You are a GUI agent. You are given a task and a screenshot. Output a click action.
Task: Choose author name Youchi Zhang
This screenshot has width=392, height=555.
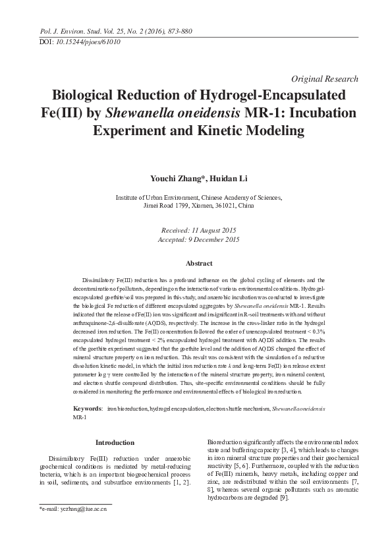pos(175,178)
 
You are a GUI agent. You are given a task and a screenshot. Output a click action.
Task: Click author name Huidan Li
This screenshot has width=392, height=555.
pos(222,178)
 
